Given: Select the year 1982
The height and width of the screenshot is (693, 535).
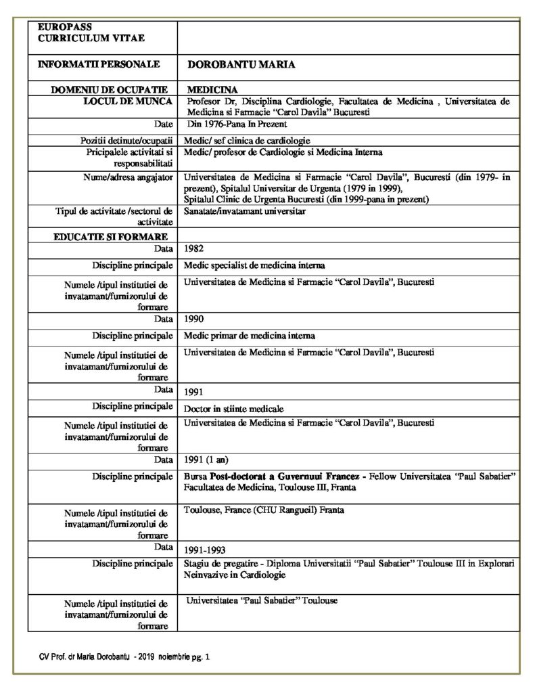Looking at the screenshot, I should (195, 249).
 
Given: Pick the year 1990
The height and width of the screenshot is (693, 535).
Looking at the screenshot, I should (195, 319).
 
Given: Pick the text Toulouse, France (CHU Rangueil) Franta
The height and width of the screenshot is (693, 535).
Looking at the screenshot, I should (264, 509).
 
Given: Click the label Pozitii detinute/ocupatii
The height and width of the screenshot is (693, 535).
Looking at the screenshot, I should (128, 140).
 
